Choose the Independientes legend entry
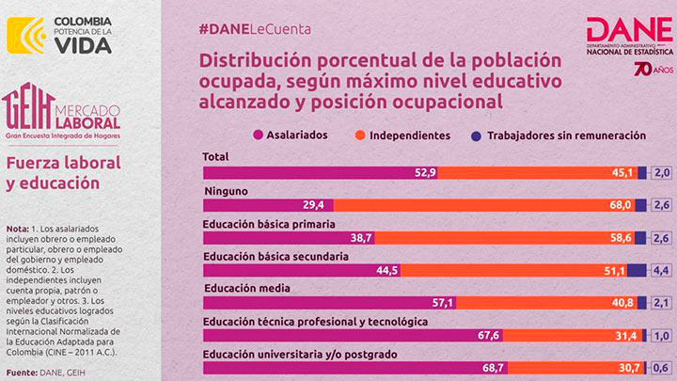pyautogui.click(x=407, y=135)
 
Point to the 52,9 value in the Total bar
pyautogui.click(x=425, y=172)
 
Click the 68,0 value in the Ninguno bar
pyautogui.click(x=620, y=205)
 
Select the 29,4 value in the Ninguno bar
pyautogui.click(x=312, y=205)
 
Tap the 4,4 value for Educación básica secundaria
pyautogui.click(x=661, y=270)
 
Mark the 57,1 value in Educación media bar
pyautogui.click(x=442, y=303)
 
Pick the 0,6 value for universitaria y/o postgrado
pyautogui.click(x=661, y=368)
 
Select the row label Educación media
pyautogui.click(x=246, y=288)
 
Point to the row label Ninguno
pyautogui.click(x=226, y=191)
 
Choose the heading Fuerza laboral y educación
pyautogui.click(x=63, y=172)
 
